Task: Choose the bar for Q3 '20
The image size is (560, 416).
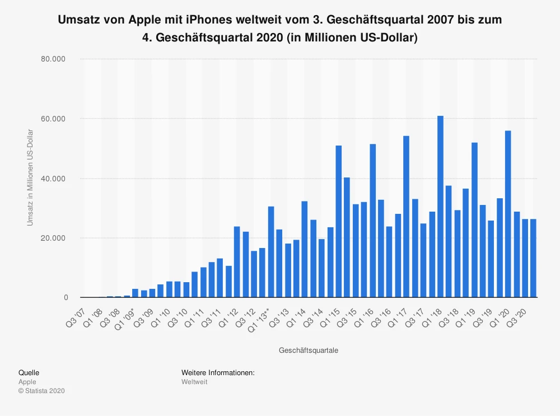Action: click(x=525, y=258)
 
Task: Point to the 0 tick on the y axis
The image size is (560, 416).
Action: click(x=66, y=298)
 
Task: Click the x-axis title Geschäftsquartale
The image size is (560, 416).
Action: click(x=308, y=350)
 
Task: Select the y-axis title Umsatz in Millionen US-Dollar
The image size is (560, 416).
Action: click(x=30, y=178)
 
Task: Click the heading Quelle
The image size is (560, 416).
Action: click(x=29, y=372)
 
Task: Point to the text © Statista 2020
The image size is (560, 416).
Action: click(x=41, y=391)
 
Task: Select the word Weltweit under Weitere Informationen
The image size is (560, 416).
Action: click(x=194, y=382)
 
